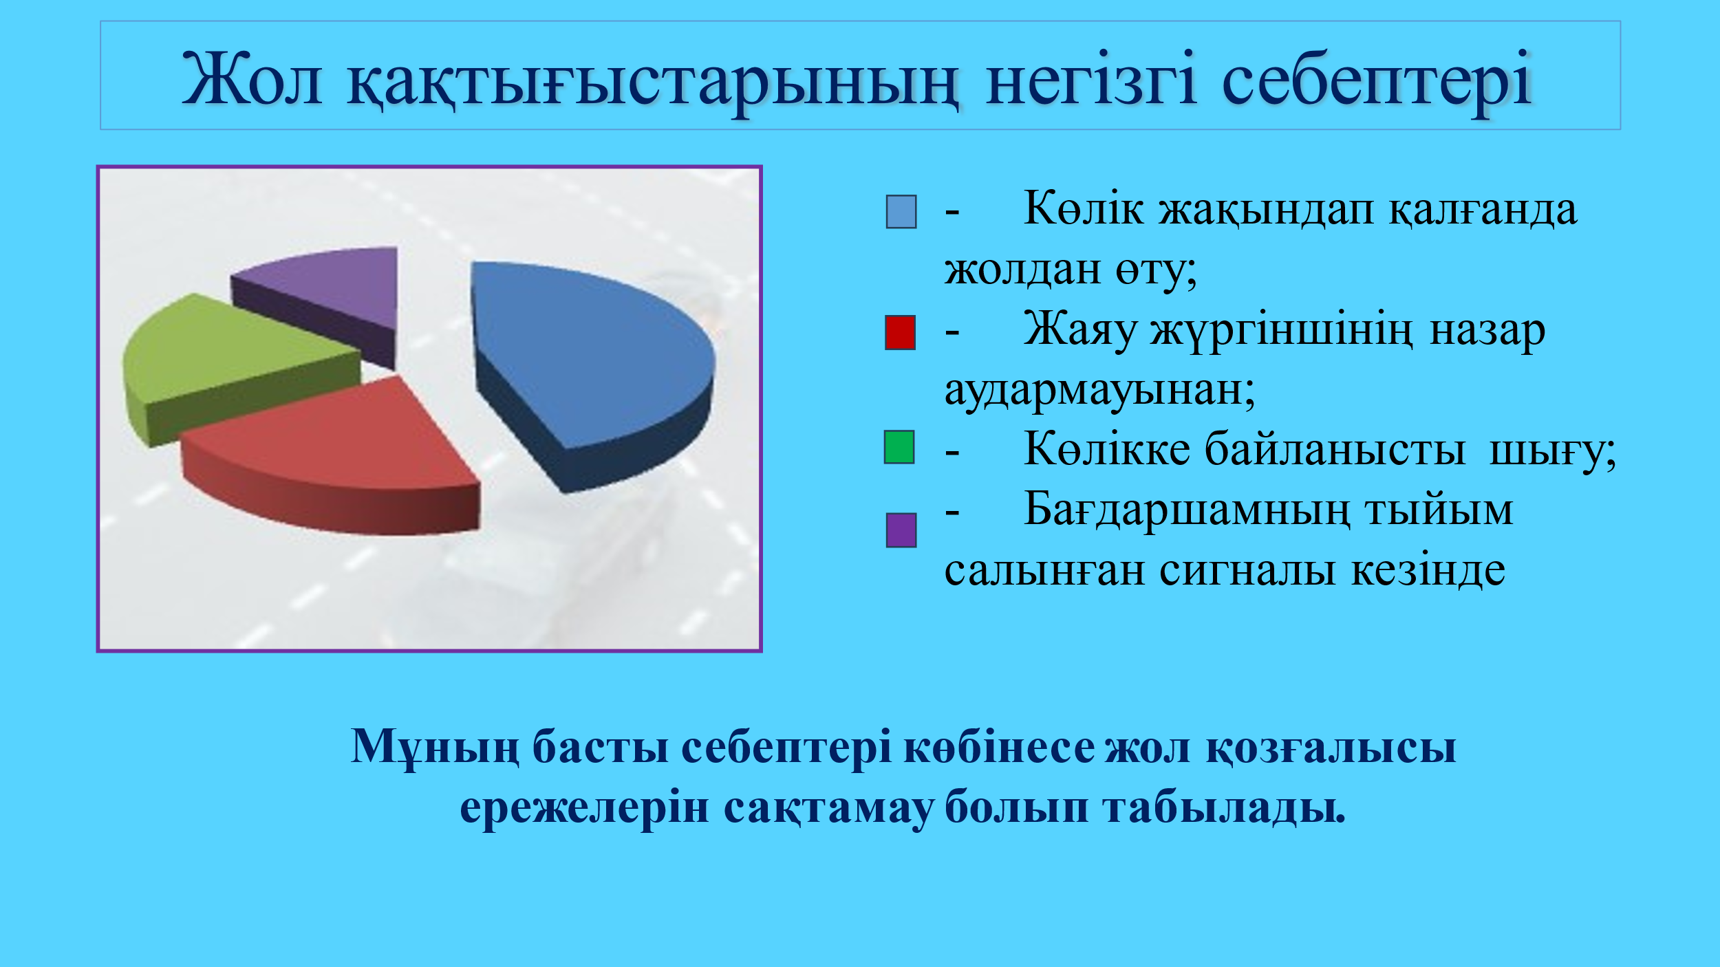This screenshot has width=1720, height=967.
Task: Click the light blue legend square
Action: click(901, 211)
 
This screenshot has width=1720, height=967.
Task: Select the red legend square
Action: click(900, 333)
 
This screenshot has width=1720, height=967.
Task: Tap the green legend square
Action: click(899, 447)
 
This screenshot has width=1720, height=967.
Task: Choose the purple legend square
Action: click(901, 530)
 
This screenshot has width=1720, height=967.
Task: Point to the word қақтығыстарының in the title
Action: click(653, 83)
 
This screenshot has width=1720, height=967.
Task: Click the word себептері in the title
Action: click(1377, 83)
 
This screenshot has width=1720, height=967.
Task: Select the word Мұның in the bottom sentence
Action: click(435, 747)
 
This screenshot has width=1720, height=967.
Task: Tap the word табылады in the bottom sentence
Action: click(1225, 807)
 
